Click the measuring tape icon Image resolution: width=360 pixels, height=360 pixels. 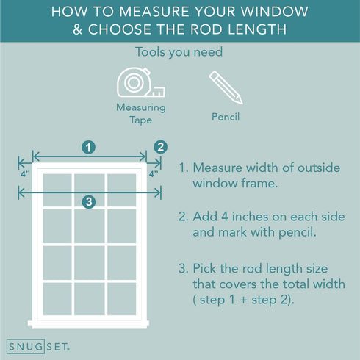point(140,82)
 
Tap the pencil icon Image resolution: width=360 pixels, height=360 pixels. point(226,87)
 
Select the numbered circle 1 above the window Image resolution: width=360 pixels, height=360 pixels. point(88,148)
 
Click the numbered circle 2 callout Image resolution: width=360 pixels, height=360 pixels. point(161,147)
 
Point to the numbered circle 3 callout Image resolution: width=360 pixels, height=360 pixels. point(89,202)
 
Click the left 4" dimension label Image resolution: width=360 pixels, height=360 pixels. point(25,174)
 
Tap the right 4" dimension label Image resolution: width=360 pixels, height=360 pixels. point(154,174)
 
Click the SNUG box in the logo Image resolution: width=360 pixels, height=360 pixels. point(26,347)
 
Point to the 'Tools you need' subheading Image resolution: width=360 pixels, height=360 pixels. point(179,52)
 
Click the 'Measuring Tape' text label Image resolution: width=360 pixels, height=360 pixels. point(141,114)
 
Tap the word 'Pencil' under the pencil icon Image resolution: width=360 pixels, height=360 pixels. point(226,117)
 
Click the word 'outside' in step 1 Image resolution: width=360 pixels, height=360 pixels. point(319,168)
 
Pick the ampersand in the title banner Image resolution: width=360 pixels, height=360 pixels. point(77,29)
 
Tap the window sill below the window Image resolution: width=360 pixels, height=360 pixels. point(88,324)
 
